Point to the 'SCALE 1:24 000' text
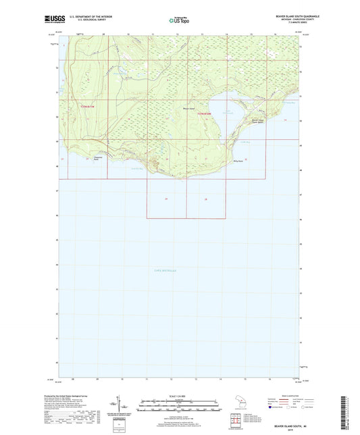(180, 397)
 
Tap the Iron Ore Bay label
(136, 168)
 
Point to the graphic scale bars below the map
(180, 407)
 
